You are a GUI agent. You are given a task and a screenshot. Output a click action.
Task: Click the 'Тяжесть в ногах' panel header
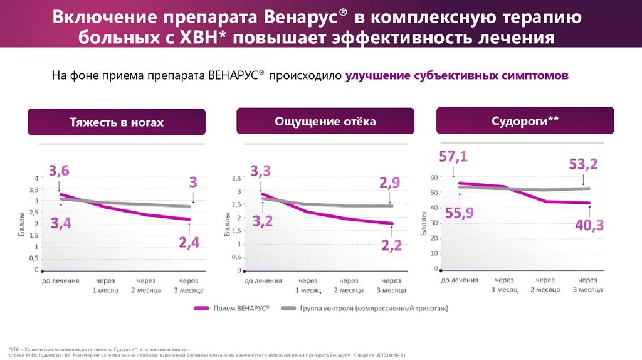point(117,122)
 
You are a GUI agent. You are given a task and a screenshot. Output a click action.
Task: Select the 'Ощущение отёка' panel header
point(325,121)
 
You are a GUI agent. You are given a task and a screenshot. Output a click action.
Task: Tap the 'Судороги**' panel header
point(525,120)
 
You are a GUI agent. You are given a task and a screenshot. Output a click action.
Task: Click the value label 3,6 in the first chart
point(60,170)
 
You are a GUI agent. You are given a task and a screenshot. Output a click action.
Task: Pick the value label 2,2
point(391,246)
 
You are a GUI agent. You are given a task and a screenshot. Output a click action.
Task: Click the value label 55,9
point(460,213)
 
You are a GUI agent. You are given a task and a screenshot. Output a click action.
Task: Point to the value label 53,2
point(583,164)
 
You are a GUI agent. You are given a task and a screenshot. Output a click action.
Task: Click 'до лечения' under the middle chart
point(262,281)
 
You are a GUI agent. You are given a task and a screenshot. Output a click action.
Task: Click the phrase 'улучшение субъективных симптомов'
point(456,75)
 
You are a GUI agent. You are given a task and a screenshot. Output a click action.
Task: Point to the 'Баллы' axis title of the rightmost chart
point(424,223)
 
